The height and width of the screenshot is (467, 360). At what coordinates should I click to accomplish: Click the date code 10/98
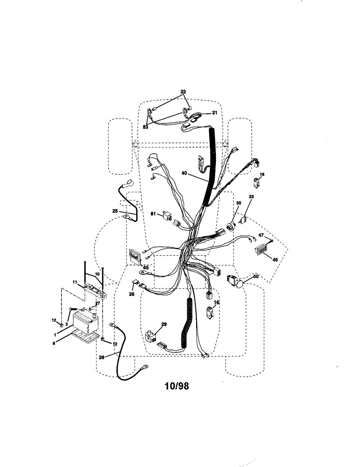point(176,386)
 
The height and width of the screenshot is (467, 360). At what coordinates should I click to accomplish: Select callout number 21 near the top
point(214,112)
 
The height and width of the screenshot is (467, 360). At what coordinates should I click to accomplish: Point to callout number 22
point(183,92)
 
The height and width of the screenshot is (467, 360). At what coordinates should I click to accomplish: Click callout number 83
point(146,126)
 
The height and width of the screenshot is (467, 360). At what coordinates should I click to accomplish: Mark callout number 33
point(251,197)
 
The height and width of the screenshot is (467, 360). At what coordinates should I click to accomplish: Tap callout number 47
point(261,235)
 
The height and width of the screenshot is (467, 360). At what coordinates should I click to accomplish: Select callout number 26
point(132,294)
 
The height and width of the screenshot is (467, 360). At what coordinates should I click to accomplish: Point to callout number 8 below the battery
point(54,344)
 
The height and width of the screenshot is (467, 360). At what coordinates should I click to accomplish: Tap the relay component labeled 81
point(167,216)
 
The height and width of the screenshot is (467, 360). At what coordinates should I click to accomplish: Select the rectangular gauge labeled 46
point(262,249)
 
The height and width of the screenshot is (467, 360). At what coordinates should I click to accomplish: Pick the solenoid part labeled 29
point(149,336)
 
